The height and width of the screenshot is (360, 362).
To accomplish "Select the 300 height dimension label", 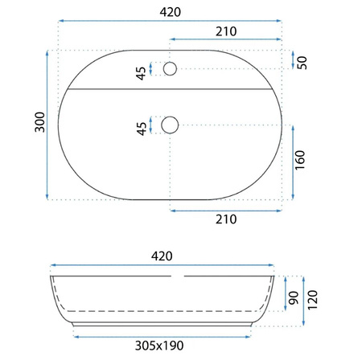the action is pos(39,122).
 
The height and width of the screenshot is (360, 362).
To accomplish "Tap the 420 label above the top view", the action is pos(171,12).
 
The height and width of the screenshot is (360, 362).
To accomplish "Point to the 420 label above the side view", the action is pos(162,256).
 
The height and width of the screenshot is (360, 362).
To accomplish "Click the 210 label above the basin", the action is pos(226,31).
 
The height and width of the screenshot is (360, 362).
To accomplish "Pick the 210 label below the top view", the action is pos(226,219).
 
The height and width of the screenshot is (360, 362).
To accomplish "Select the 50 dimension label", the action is pos(302,63).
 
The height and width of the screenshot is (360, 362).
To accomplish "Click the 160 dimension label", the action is pos(300,160).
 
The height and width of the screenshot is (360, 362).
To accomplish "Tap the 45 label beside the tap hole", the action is pos(141,73).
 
